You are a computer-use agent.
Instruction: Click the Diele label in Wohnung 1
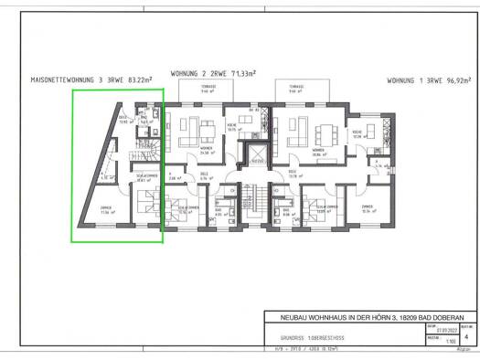[x=293, y=173]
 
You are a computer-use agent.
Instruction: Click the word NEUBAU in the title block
[x=282, y=317]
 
